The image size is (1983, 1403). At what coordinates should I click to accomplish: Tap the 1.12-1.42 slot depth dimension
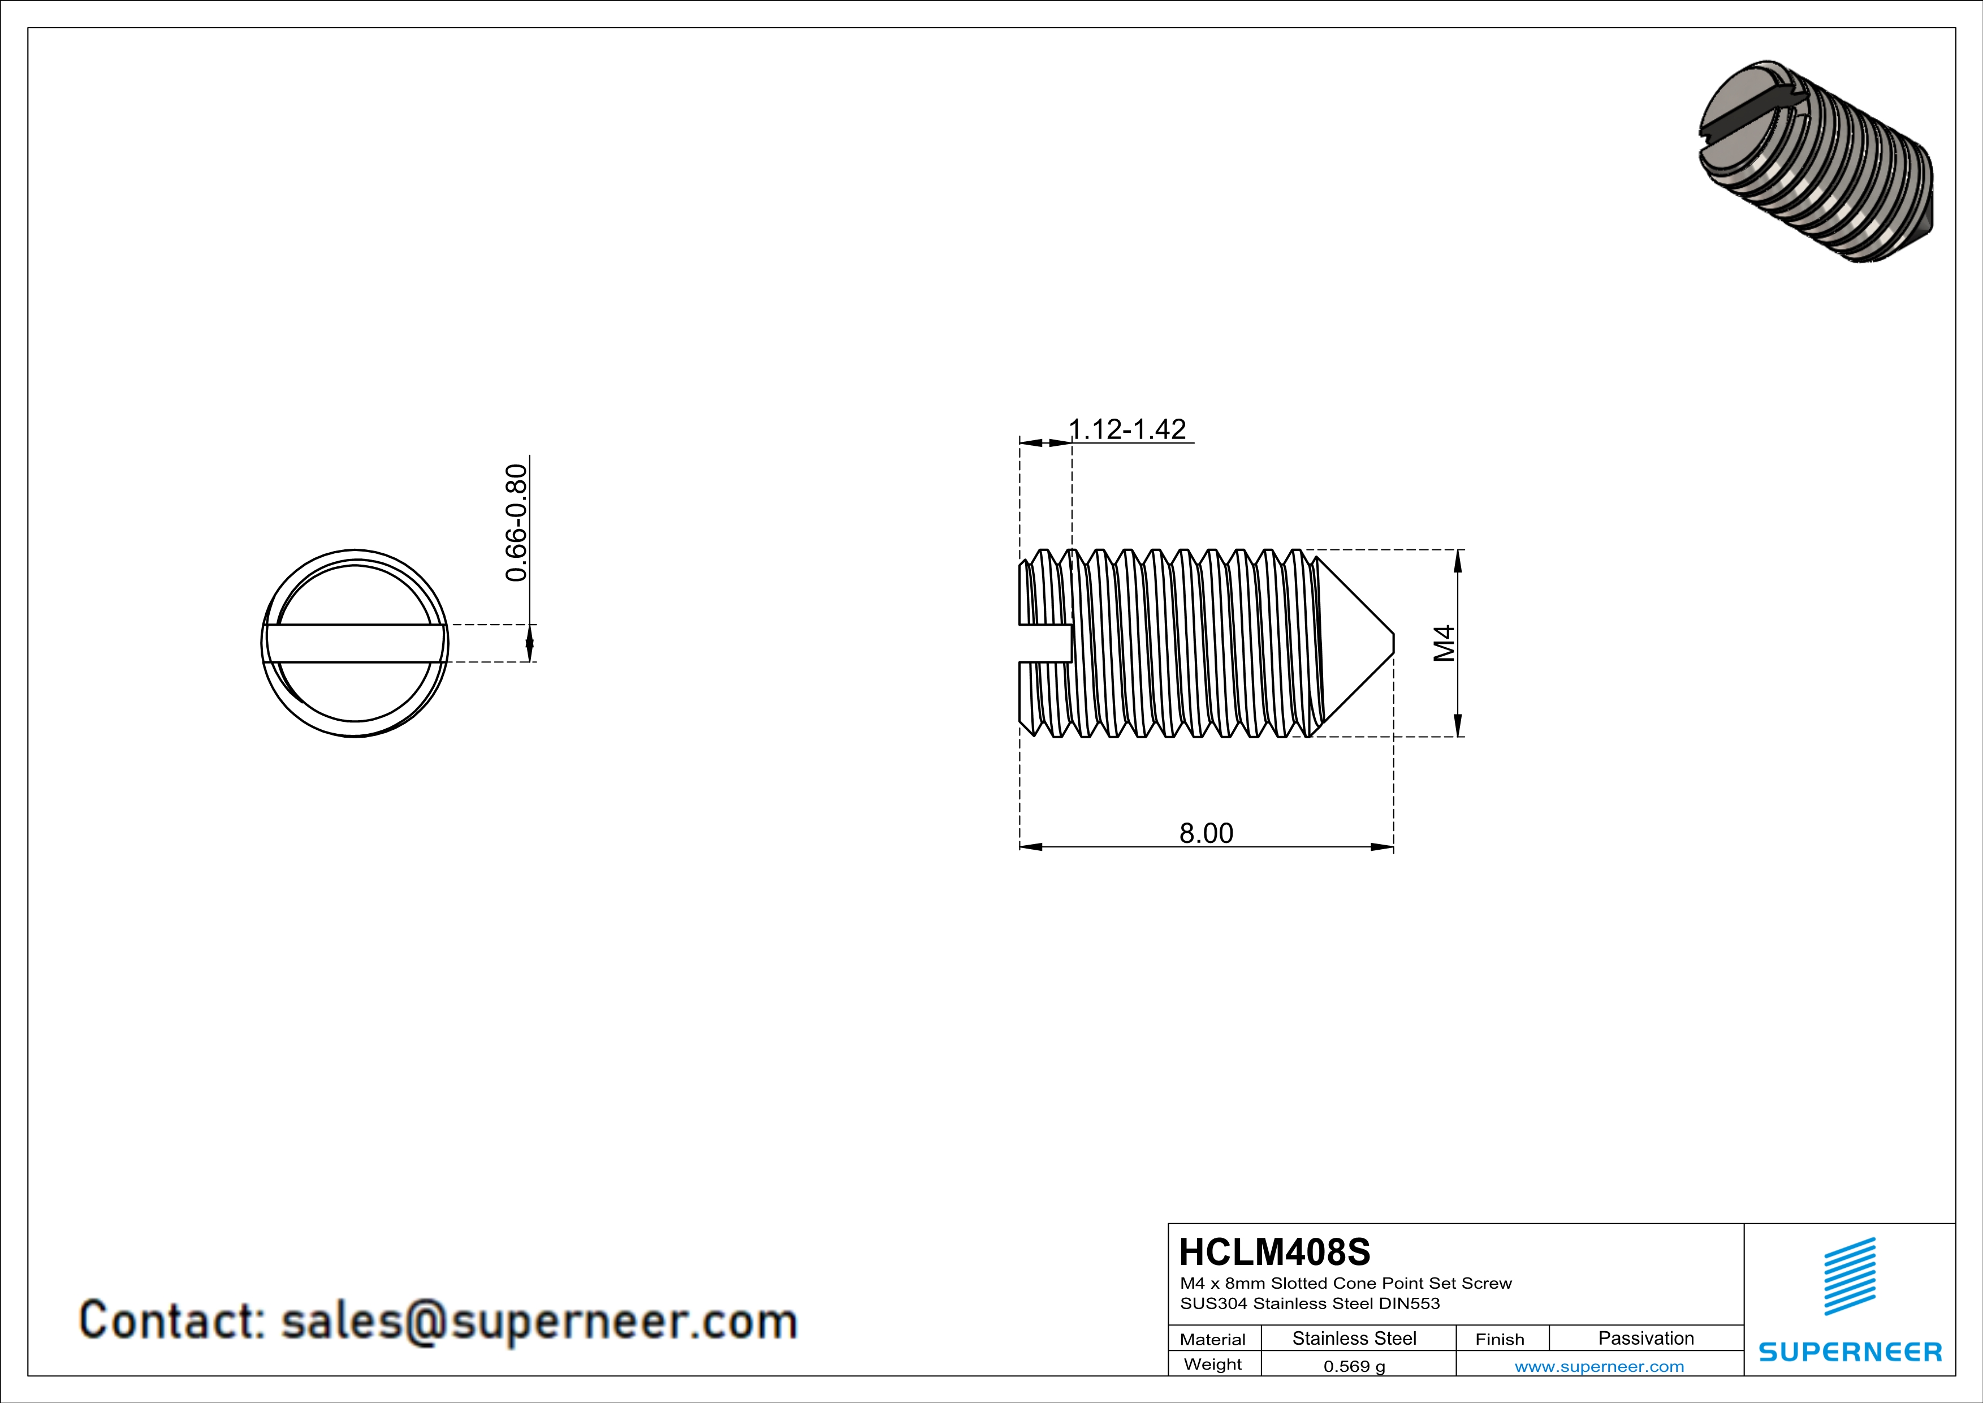(x=1127, y=429)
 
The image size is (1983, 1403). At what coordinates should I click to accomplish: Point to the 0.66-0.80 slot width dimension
(x=516, y=523)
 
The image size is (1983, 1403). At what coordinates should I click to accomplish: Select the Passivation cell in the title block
(x=1645, y=1338)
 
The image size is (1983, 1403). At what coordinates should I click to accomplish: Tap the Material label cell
(x=1213, y=1339)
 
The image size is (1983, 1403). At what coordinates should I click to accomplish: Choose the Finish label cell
(x=1500, y=1339)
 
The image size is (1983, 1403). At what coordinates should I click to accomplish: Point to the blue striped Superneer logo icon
(x=1849, y=1276)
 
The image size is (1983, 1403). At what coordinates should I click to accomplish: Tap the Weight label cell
(x=1213, y=1364)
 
